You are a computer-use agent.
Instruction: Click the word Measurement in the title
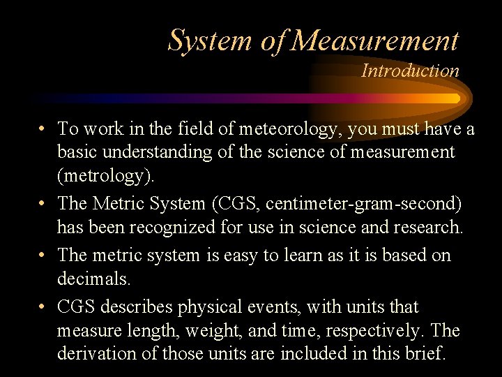(375, 40)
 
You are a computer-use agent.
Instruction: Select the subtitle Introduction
(410, 71)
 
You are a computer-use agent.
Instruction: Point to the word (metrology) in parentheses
(105, 175)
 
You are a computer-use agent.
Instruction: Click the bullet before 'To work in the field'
(43, 130)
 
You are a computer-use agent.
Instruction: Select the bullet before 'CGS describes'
(43, 307)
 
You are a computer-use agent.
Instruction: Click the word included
(312, 353)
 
